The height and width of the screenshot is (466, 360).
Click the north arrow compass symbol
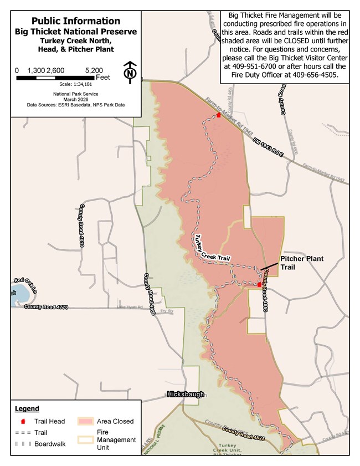click(x=130, y=72)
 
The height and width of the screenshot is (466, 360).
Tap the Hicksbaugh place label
click(x=186, y=395)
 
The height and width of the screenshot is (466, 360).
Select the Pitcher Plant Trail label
click(x=302, y=263)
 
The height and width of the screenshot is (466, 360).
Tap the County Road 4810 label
click(x=82, y=224)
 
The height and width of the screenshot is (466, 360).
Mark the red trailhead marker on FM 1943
click(x=219, y=115)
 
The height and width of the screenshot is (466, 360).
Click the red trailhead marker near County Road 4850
click(x=259, y=284)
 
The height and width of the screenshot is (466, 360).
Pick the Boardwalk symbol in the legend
click(x=23, y=444)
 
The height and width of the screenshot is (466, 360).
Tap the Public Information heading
click(x=75, y=21)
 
